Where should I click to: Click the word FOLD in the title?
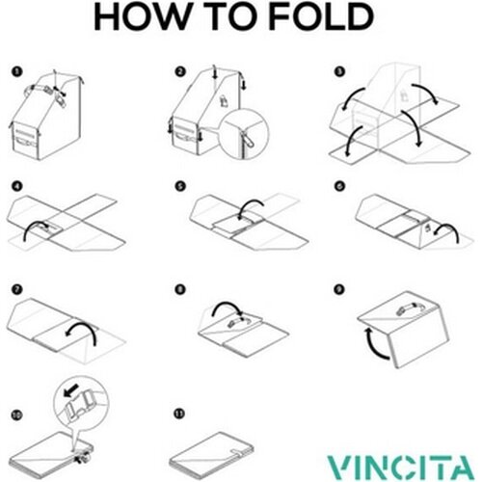click(320, 17)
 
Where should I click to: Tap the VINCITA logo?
click(401, 467)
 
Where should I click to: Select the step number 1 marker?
click(17, 71)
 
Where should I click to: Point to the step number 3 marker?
click(339, 71)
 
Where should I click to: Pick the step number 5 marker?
click(180, 186)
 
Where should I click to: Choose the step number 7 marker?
click(17, 289)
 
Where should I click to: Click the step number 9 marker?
click(339, 289)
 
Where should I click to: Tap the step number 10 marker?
click(16, 415)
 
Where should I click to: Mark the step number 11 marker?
click(180, 414)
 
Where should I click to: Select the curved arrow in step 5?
click(252, 201)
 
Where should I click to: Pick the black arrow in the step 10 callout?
click(70, 390)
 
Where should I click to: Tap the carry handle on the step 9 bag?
click(408, 308)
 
